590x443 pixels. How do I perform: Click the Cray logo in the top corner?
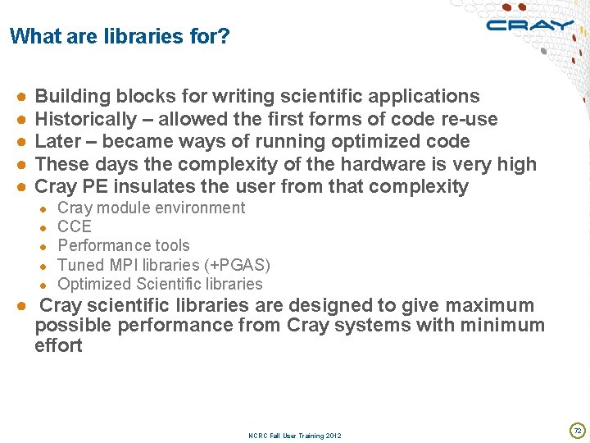[529, 25]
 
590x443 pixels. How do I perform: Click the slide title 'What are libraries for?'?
[120, 37]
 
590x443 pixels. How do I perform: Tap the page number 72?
[577, 430]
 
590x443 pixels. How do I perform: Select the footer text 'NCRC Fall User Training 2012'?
[295, 436]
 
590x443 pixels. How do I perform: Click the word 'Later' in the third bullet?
[58, 141]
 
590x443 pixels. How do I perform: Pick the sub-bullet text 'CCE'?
[75, 226]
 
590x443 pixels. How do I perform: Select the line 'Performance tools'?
[124, 245]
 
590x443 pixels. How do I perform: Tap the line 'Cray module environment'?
[152, 208]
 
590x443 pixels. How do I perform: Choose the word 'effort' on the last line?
[58, 345]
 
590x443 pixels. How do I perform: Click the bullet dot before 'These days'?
[21, 164]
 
